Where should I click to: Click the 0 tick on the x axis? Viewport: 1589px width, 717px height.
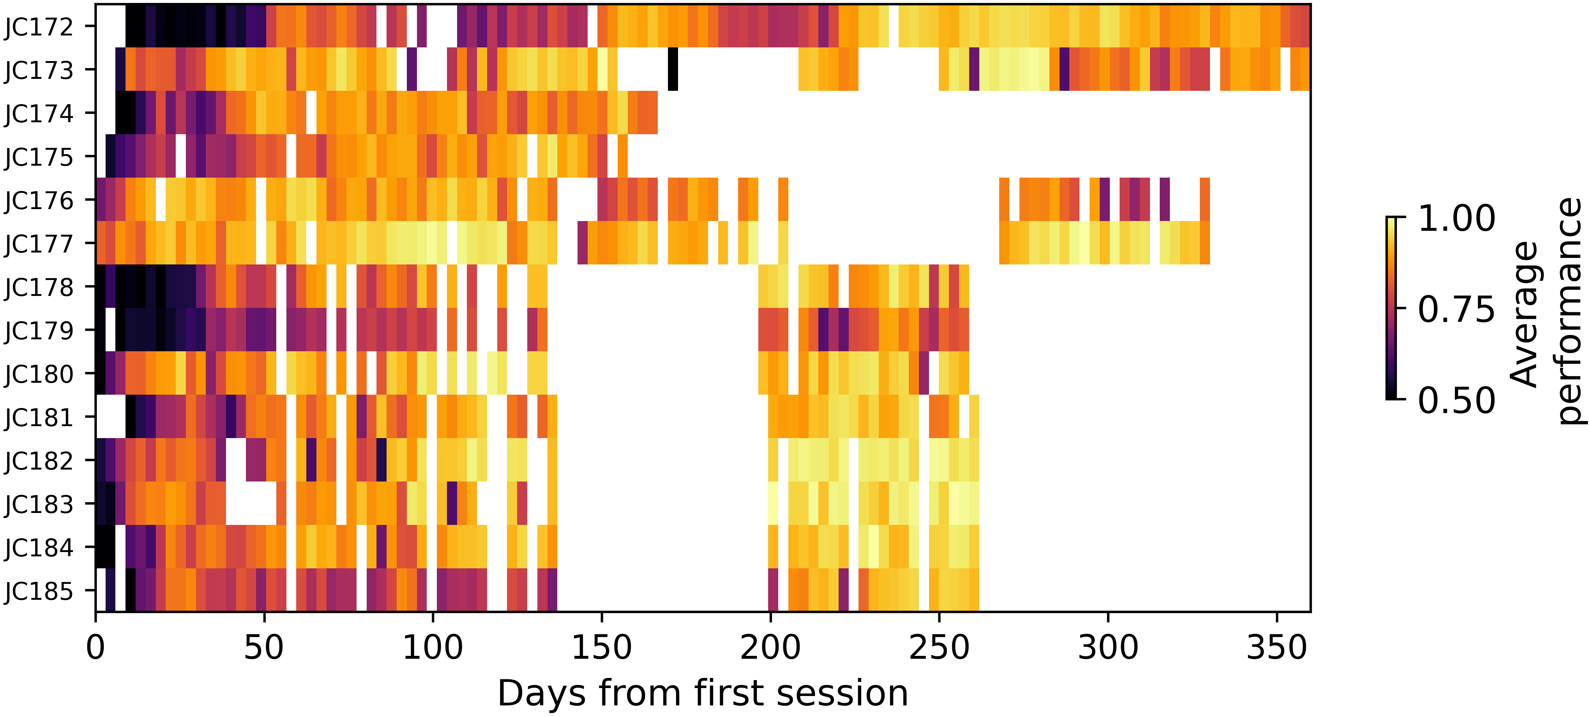pyautogui.click(x=95, y=648)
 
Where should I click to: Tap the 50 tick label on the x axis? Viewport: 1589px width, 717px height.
pyautogui.click(x=264, y=648)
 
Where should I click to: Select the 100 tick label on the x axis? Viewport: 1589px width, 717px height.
pyautogui.click(x=433, y=648)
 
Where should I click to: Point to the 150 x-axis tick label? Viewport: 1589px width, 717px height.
pyautogui.click(x=601, y=648)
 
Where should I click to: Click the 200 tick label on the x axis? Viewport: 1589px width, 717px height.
pyautogui.click(x=770, y=648)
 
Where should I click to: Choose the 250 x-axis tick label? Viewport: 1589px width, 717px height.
pyautogui.click(x=939, y=648)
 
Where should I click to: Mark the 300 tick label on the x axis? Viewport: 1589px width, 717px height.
pyautogui.click(x=1108, y=648)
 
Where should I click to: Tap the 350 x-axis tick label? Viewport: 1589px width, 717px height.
pyautogui.click(x=1276, y=648)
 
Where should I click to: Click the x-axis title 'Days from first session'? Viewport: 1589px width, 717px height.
pyautogui.click(x=703, y=693)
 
